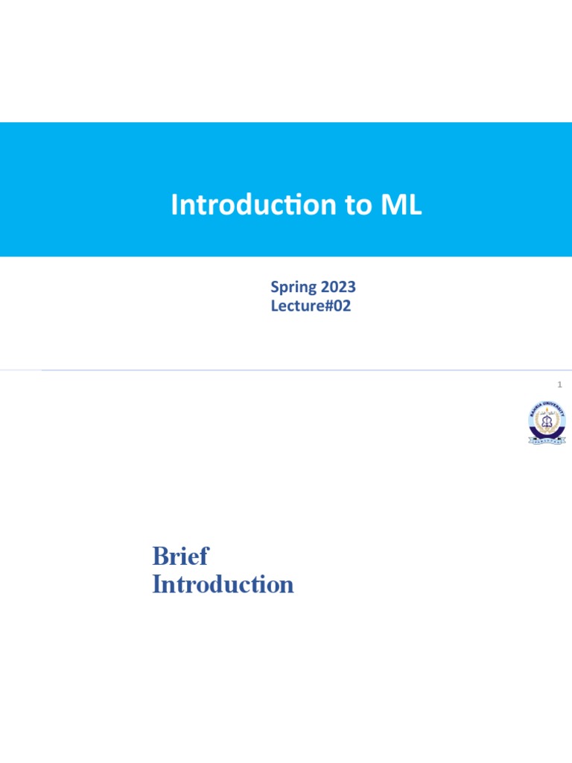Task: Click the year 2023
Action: pyautogui.click(x=338, y=287)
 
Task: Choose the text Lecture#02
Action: pyautogui.click(x=311, y=305)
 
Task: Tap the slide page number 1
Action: pyautogui.click(x=559, y=384)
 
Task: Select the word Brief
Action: pyautogui.click(x=180, y=557)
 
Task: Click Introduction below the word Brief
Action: pyautogui.click(x=223, y=585)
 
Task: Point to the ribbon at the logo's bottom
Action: pyautogui.click(x=546, y=440)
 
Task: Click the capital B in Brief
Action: pyautogui.click(x=159, y=557)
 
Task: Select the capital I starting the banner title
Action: pyautogui.click(x=174, y=205)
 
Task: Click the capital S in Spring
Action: pyautogui.click(x=275, y=287)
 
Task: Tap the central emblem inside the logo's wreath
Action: pyautogui.click(x=546, y=421)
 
